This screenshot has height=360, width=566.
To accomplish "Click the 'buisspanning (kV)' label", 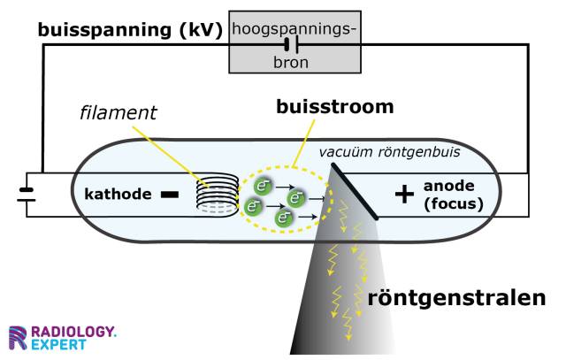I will click(129, 30).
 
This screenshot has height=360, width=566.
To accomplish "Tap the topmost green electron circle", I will click(264, 186).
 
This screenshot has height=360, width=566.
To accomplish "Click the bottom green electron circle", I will click(284, 217).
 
